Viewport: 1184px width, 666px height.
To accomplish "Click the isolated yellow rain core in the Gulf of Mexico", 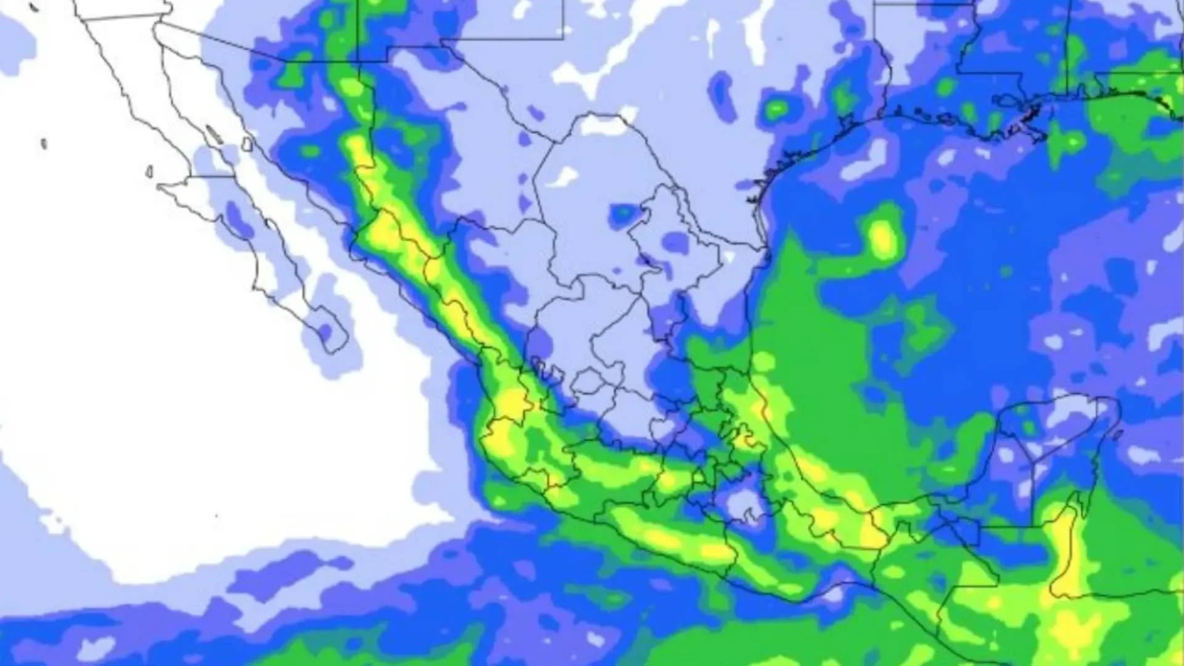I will pos(883,237).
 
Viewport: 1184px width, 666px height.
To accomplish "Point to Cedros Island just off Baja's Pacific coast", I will pos(150,171).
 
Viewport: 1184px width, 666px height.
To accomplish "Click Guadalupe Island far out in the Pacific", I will pos(44,144).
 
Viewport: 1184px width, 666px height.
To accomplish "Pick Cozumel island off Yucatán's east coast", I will pos(1115,435).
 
